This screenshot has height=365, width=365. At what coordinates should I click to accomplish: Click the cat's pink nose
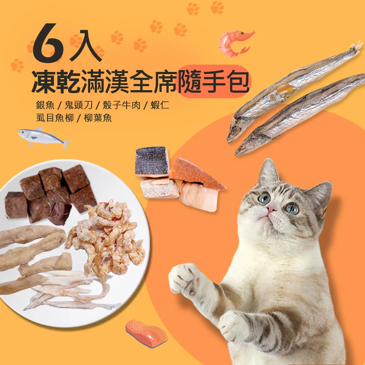pos(272,209)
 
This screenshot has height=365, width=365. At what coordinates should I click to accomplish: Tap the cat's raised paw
pos(186,279)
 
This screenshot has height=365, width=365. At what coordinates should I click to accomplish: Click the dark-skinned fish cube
pos(152,161)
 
